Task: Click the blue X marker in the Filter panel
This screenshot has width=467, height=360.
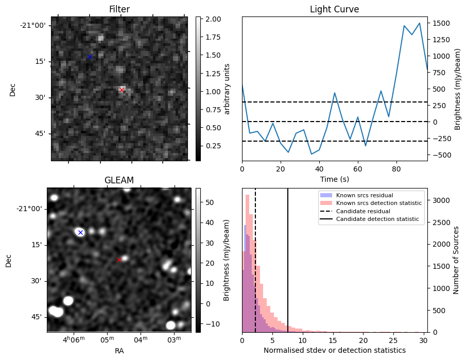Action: tap(90, 57)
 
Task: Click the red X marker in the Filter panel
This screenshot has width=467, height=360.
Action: tap(122, 90)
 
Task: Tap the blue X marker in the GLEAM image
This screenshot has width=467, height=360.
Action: tap(80, 232)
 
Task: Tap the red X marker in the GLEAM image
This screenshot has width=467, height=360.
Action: tap(119, 260)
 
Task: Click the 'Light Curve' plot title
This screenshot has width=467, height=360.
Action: tap(334, 9)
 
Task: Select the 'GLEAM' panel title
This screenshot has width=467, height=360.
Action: tap(119, 180)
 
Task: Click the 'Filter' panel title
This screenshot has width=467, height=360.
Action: tap(119, 9)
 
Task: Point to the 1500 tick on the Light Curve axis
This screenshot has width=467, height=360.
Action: tap(442, 23)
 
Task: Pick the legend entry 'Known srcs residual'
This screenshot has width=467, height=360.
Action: tap(364, 195)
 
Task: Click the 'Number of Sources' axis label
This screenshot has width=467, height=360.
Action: tap(456, 260)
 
